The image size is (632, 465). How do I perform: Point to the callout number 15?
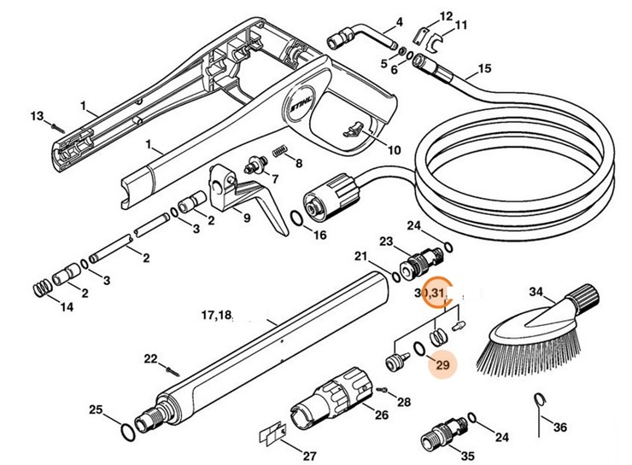(484, 68)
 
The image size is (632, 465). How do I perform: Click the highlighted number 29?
(442, 364)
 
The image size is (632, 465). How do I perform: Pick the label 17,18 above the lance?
(216, 315)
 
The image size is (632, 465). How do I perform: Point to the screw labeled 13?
(55, 124)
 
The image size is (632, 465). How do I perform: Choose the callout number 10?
(393, 150)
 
